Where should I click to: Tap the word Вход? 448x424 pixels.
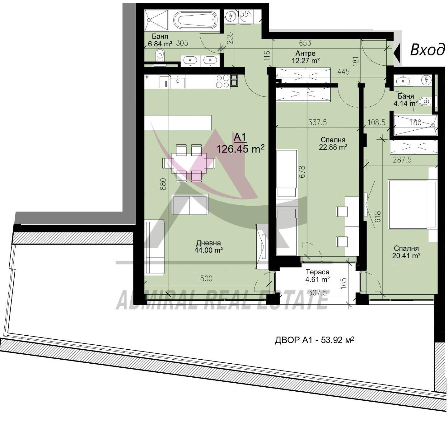tap(427, 50)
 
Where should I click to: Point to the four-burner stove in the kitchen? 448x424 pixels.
tap(223, 81)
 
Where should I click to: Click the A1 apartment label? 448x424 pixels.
tap(240, 137)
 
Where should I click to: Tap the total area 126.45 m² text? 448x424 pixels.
tap(240, 149)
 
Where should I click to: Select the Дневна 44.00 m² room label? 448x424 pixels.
tap(208, 246)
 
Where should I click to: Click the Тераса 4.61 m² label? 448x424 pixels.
tap(317, 275)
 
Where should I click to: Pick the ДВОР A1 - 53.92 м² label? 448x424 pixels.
tap(315, 340)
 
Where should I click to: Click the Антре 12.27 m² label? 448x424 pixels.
tap(306, 57)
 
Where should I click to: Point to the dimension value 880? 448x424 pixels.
tap(163, 184)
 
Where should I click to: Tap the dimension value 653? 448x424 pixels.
tap(305, 43)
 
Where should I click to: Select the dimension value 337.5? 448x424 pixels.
tap(317, 123)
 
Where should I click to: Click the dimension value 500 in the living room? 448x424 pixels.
tap(206, 278)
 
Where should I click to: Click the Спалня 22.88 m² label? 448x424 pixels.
tap(333, 143)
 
